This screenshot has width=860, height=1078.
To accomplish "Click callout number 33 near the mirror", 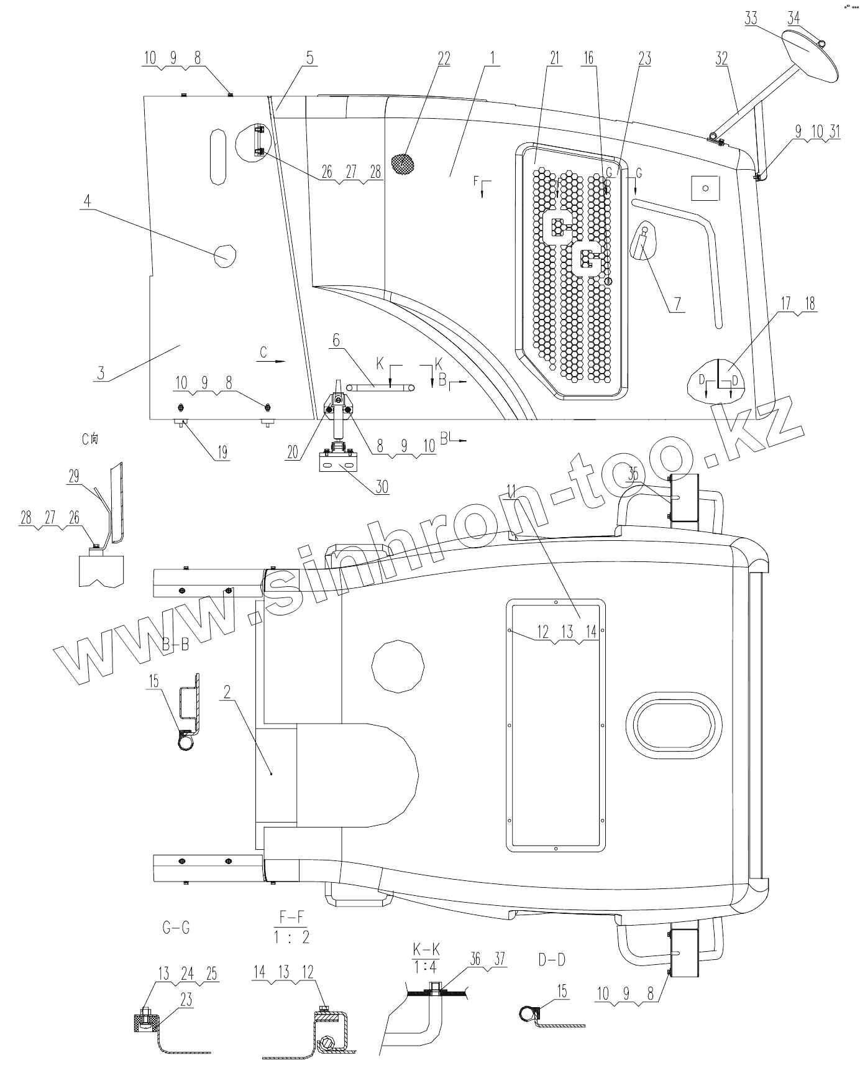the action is tap(751, 17).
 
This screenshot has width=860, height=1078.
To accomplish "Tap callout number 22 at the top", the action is tap(444, 58).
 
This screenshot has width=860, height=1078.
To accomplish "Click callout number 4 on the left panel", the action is tap(88, 201).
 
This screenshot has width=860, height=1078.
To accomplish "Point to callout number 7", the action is tap(677, 303).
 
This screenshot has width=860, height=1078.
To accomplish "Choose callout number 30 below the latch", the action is tap(382, 486).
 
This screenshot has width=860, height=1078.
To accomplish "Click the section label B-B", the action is tap(175, 646).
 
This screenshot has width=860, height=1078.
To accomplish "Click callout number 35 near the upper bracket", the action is tap(633, 474).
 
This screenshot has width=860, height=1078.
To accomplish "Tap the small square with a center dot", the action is tap(705, 187).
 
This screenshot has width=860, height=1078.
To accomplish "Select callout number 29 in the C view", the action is tap(74, 477).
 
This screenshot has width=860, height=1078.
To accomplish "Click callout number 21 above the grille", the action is tap(554, 58).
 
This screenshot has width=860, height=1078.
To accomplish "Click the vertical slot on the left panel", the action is tap(218, 156).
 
